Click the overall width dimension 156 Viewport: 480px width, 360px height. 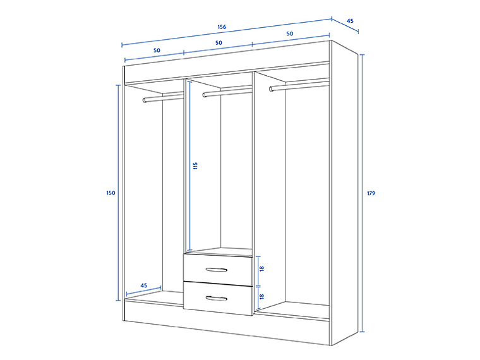click(x=222, y=27)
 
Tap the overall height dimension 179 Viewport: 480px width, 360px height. click(x=371, y=193)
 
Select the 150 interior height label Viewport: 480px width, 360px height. click(x=111, y=193)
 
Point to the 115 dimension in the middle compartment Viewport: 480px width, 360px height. click(x=195, y=166)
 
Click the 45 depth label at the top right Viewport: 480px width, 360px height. click(x=350, y=21)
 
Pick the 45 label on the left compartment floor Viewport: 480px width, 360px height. click(x=143, y=285)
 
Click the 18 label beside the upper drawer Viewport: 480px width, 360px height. click(x=261, y=269)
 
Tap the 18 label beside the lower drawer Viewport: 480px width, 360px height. click(x=261, y=296)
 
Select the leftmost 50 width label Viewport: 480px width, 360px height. click(x=157, y=50)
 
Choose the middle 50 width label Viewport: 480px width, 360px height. click(x=219, y=43)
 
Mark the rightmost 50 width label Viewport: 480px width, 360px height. click(x=290, y=33)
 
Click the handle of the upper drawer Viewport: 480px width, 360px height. click(x=217, y=270)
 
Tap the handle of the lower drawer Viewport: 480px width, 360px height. click(x=217, y=298)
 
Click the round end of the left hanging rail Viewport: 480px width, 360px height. click(x=145, y=100)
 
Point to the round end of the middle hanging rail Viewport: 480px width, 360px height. click(x=205, y=95)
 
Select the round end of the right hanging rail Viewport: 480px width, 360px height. click(x=271, y=89)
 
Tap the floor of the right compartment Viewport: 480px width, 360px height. click(x=292, y=309)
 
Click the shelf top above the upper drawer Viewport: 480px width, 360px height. click(x=219, y=251)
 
